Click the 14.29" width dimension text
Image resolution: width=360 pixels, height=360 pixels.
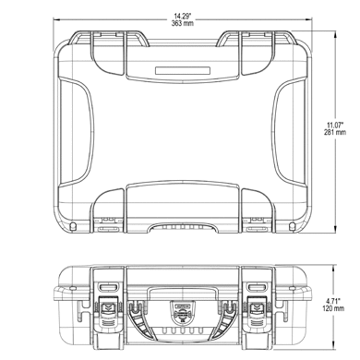coord(183,16)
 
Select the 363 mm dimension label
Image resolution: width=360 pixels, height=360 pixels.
coord(183,23)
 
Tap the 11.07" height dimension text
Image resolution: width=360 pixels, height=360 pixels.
coord(335,125)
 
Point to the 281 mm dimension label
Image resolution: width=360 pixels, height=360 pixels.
coord(335,132)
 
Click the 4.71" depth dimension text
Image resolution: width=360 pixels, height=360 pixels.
coord(333,301)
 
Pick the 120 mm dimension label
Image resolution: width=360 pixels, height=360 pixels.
coord(333,308)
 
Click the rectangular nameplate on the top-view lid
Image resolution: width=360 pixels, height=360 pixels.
coord(183,70)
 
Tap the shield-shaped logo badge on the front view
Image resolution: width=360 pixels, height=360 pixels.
coord(183,311)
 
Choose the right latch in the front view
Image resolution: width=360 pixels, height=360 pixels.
coord(258,315)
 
